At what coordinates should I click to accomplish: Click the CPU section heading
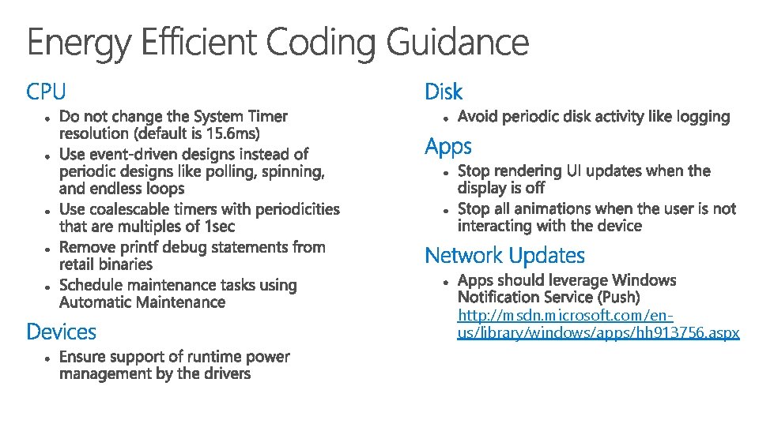pyautogui.click(x=46, y=92)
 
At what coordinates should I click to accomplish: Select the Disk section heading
pyautogui.click(x=444, y=92)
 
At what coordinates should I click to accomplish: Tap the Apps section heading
pyautogui.click(x=448, y=147)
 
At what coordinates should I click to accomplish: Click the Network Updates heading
pyautogui.click(x=504, y=256)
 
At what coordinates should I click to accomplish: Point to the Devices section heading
pyautogui.click(x=61, y=332)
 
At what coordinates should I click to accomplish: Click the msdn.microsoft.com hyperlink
pyautogui.click(x=598, y=324)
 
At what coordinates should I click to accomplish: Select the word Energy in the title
pyautogui.click(x=79, y=43)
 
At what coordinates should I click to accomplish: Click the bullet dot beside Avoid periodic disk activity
pyautogui.click(x=447, y=118)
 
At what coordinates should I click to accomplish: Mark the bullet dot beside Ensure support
pyautogui.click(x=48, y=358)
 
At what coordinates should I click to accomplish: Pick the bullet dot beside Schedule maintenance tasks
pyautogui.click(x=48, y=287)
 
